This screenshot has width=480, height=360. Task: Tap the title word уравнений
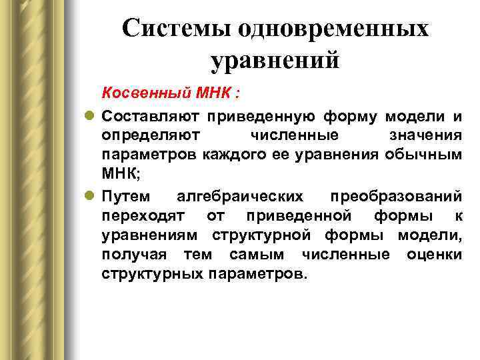click(x=275, y=61)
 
